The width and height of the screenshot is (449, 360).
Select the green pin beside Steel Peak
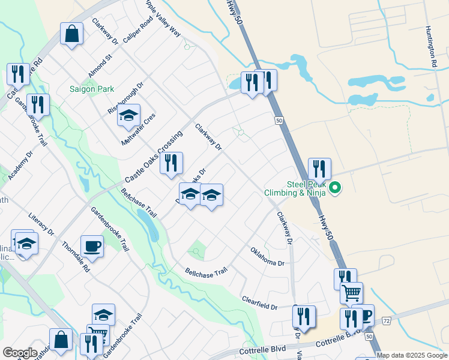click(x=335, y=189)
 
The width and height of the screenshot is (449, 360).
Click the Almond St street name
click(x=100, y=67)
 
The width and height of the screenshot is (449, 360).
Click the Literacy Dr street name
click(x=41, y=223)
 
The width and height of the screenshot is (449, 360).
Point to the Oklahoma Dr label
click(x=267, y=256)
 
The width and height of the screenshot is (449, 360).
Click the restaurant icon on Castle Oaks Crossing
click(x=171, y=162)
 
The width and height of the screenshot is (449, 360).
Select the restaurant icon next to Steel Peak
click(x=319, y=168)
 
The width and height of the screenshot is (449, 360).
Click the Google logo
click(x=20, y=353)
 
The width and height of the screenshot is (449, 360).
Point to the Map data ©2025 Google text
click(x=412, y=355)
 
